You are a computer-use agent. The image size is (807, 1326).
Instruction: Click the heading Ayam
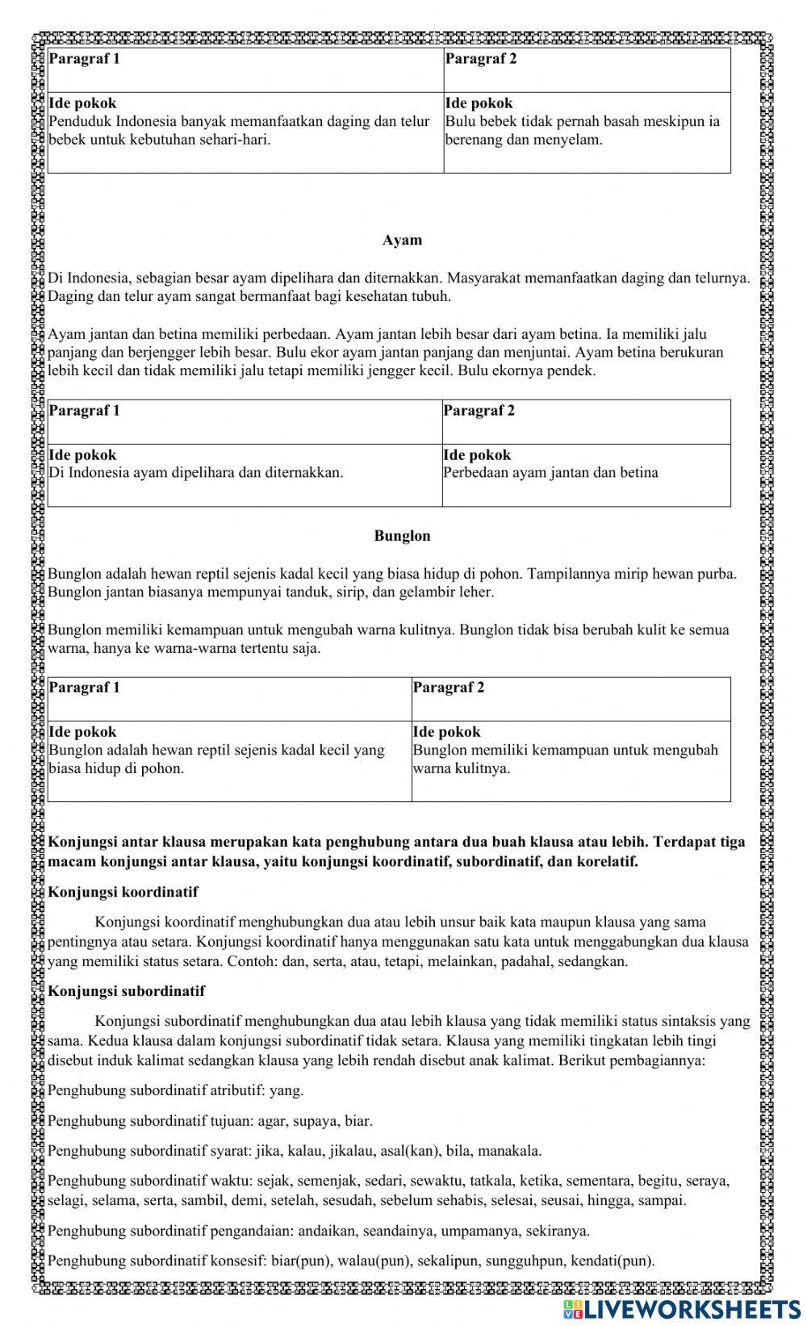402,241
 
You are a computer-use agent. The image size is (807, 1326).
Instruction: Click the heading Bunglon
402,536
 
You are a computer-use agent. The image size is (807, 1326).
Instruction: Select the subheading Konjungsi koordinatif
123,892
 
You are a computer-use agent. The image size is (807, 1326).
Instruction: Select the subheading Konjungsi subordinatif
127,991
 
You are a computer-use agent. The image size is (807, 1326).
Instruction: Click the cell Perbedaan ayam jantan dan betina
550,473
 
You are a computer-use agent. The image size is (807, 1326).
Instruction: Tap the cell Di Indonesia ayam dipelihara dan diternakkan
196,473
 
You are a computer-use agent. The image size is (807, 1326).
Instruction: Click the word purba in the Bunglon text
717,574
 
